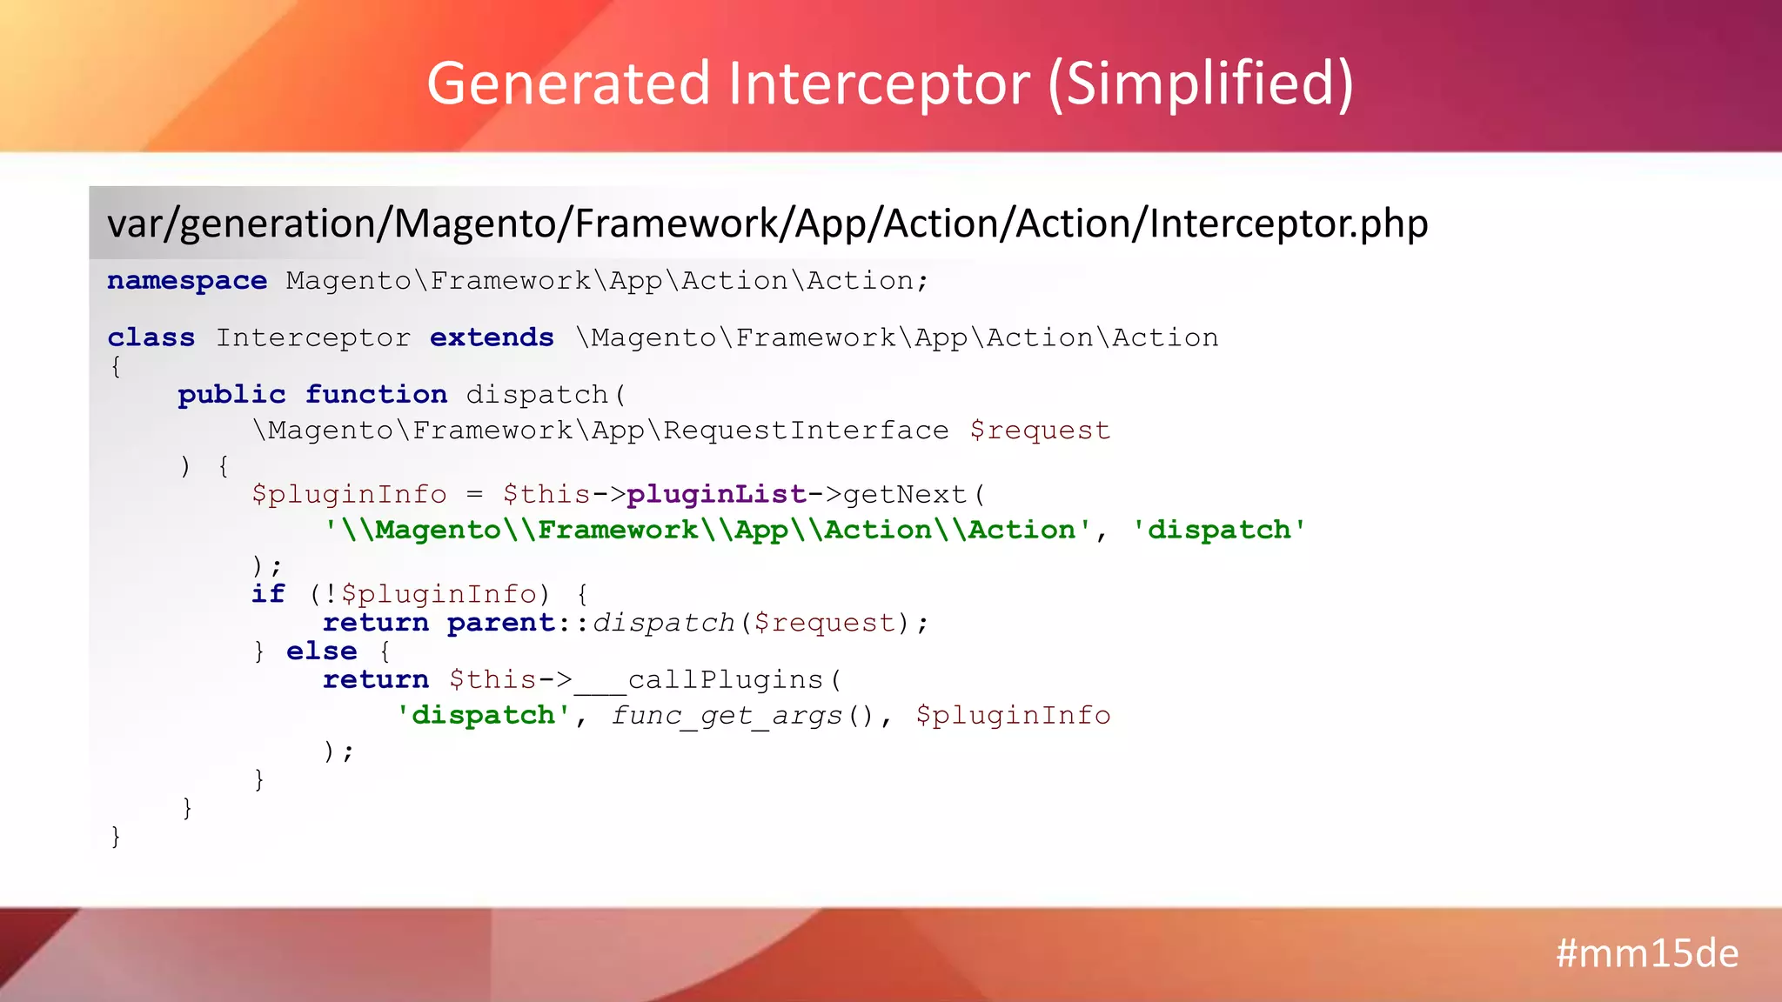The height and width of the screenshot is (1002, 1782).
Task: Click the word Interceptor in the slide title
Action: pos(879,84)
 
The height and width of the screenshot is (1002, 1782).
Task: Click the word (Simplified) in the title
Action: pos(1201,84)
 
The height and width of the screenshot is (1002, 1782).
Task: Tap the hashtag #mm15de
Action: pos(1646,954)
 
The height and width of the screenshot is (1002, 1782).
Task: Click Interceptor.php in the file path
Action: pos(1288,224)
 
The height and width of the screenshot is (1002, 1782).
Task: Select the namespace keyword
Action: pos(187,281)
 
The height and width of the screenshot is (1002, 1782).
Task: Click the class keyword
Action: pos(151,337)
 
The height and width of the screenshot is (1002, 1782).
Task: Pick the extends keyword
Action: pos(492,337)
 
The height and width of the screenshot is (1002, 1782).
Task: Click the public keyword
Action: pos(231,395)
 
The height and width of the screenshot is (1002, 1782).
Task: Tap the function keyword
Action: pos(376,395)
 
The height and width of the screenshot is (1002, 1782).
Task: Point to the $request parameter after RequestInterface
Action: pos(1040,431)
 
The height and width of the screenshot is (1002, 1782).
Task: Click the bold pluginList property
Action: pos(716,495)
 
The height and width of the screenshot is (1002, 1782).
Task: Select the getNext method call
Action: pos(905,495)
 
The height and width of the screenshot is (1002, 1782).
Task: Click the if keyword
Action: pos(268,594)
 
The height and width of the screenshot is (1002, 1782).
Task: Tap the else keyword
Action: pos(321,651)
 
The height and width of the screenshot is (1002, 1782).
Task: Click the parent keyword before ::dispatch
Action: pos(501,623)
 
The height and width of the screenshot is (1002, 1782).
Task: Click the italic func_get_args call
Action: pos(727,716)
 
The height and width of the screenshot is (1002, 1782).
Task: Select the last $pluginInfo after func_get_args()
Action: pos(1013,716)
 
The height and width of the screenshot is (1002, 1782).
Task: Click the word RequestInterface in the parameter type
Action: pos(806,431)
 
